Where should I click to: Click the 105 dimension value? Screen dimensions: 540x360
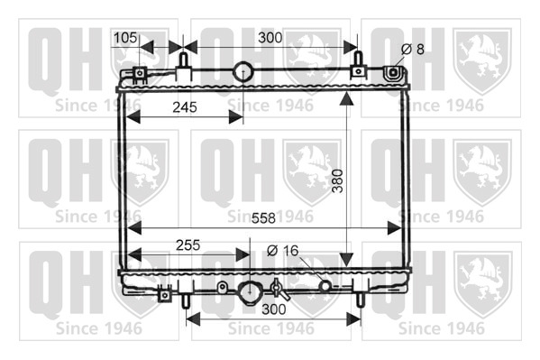pyautogui.click(x=125, y=38)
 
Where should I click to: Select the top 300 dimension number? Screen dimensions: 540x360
pyautogui.click(x=270, y=38)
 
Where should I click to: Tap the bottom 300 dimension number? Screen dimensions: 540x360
pyautogui.click(x=274, y=309)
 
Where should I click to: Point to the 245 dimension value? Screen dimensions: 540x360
pyautogui.click(x=185, y=107)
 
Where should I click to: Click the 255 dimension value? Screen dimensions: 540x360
pyautogui.click(x=188, y=245)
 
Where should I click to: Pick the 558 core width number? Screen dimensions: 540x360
pyautogui.click(x=263, y=218)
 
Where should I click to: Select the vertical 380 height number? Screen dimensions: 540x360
pyautogui.click(x=338, y=181)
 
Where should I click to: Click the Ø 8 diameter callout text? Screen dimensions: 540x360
pyautogui.click(x=413, y=50)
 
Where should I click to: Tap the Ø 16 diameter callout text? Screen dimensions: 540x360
pyautogui.click(x=282, y=251)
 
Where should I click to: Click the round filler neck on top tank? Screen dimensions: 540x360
pyautogui.click(x=243, y=71)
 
